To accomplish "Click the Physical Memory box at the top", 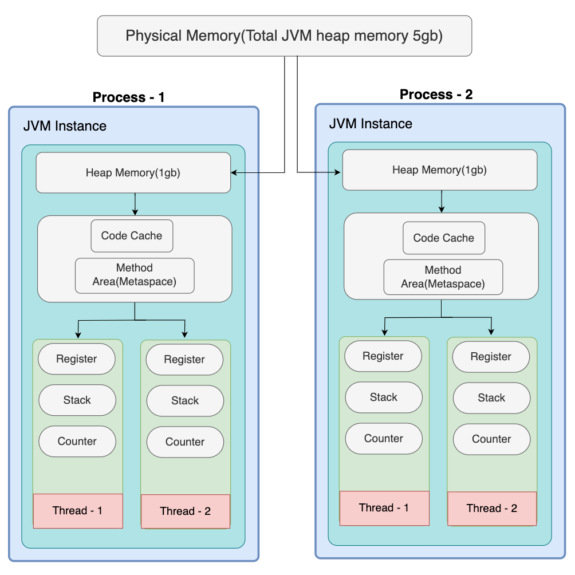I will pos(284,36).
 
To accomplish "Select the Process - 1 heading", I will pos(128,97).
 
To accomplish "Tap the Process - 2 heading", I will pos(436,94).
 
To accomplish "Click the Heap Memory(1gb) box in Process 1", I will pos(133,172).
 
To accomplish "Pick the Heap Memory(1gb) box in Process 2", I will pos(439,170).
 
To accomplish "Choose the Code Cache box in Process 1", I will pos(132,236).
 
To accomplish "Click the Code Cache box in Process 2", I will pos(444,238).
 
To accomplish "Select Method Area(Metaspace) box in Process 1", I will pos(135,275).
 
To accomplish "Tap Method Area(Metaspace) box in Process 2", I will pos(443,277).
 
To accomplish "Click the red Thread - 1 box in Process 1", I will pos(78,510).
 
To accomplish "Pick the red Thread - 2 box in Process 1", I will pos(185,511).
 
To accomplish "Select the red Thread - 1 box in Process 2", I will pos(384,508).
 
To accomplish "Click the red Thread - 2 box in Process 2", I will pos(491,509).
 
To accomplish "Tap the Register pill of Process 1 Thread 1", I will pos(77,359).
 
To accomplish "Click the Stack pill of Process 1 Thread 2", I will pos(185,401).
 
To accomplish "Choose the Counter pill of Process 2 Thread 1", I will pos(384,439).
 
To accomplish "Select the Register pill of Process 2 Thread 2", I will pos(491,357).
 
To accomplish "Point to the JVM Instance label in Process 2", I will pos(371,124).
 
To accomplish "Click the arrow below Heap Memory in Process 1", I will pos(135,203).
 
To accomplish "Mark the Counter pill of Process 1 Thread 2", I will pos(185,442).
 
